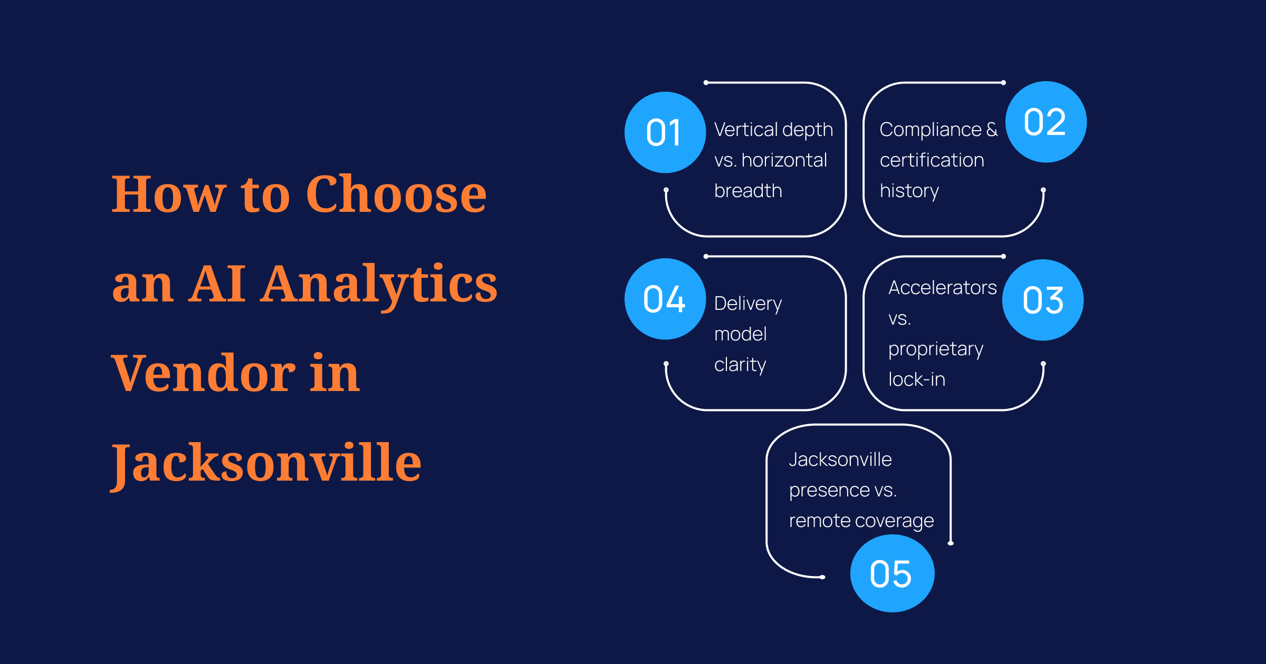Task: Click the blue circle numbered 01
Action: coord(665,132)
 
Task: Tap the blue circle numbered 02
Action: coord(1046,122)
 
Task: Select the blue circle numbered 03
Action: coord(1043,300)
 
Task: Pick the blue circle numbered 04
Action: coord(665,299)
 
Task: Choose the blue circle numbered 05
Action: coord(893,573)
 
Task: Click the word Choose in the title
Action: coord(396,194)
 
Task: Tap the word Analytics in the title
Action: coord(379,285)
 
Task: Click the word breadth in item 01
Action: coord(748,190)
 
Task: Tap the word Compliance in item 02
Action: coord(931,130)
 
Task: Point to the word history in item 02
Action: coord(909,191)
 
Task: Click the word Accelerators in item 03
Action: coord(943,288)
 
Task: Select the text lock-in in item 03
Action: coord(917,379)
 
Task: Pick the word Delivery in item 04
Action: coord(748,304)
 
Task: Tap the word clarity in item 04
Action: coord(740,365)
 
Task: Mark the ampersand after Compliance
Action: coord(992,129)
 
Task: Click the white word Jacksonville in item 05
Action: coord(840,460)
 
